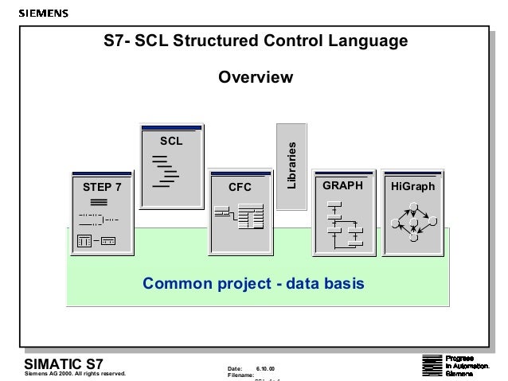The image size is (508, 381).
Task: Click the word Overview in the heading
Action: (x=256, y=78)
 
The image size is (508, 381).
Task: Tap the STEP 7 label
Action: (x=103, y=188)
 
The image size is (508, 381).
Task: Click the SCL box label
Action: (x=171, y=141)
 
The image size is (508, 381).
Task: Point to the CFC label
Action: (x=240, y=188)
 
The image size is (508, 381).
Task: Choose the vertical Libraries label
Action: (x=291, y=165)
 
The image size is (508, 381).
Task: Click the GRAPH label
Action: (x=342, y=185)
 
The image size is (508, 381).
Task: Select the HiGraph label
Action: (x=412, y=185)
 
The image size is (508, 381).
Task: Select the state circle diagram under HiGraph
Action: (x=412, y=222)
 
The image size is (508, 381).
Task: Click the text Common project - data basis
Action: (x=253, y=283)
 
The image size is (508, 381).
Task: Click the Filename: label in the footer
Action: (x=241, y=375)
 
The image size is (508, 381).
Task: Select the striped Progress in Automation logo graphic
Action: (x=430, y=365)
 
